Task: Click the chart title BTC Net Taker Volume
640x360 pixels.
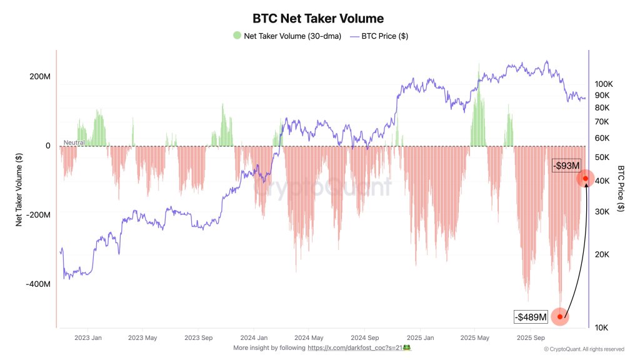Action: (318, 19)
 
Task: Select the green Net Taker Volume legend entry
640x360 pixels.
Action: (287, 36)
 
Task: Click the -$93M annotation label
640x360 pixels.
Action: (566, 165)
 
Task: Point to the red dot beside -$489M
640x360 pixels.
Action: (560, 317)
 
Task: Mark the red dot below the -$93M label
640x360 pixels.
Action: (586, 179)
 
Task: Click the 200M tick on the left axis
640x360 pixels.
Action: (39, 77)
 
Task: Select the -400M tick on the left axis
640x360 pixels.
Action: (37, 284)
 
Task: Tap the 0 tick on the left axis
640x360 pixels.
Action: (47, 146)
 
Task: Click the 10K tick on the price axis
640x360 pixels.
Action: (602, 327)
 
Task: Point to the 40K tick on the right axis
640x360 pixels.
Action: (602, 181)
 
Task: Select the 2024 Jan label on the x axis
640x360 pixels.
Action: (255, 337)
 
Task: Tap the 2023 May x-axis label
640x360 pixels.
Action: (142, 337)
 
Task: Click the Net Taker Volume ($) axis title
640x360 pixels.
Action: (20, 189)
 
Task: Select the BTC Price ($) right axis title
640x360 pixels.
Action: (621, 189)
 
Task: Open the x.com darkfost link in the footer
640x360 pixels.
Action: (354, 347)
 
